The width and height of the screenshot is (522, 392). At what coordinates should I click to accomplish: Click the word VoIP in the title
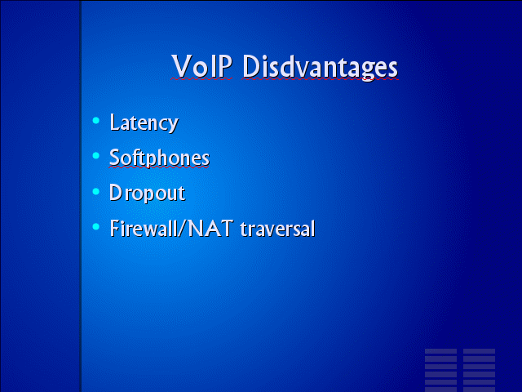point(201,66)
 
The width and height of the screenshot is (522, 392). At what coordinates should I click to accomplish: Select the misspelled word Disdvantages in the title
point(320,68)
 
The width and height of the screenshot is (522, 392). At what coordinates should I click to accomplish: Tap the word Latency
point(144,123)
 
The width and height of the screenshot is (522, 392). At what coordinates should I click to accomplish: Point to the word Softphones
point(160,158)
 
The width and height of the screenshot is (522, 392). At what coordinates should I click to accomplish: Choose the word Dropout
point(147,193)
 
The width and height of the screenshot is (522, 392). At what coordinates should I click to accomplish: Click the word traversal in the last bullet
point(277,229)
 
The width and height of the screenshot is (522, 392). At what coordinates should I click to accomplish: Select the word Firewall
point(144,229)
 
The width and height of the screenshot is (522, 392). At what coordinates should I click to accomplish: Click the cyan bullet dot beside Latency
point(96,121)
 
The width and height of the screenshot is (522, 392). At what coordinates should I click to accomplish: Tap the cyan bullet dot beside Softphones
point(96,156)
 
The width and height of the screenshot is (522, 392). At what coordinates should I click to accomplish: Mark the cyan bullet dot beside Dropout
point(96,191)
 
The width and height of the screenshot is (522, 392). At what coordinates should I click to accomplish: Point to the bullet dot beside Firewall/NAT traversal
point(96,227)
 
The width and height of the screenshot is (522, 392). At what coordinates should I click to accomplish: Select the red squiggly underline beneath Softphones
point(159,167)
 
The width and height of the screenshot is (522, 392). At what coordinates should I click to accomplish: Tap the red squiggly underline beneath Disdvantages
point(321,79)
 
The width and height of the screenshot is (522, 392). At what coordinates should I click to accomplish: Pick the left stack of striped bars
point(440,370)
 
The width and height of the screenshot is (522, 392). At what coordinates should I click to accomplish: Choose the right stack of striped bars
point(479,370)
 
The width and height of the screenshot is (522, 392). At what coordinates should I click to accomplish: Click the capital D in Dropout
point(115,193)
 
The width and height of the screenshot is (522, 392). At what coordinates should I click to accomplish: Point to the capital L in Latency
point(114,122)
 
